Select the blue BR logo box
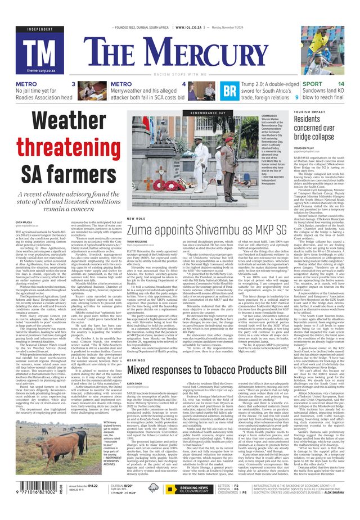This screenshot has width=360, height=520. (229, 90)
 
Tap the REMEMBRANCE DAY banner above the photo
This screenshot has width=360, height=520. (208, 113)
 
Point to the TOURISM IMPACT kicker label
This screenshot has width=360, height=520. (309, 112)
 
